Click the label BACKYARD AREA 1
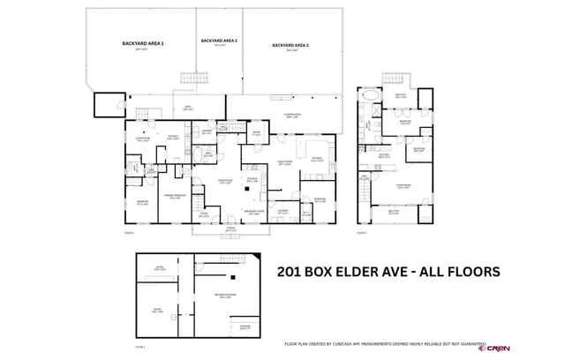142,43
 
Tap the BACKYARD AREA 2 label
218,41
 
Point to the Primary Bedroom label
174,196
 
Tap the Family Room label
285,162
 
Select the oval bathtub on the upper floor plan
370,95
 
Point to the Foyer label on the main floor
204,212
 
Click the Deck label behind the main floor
187,108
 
